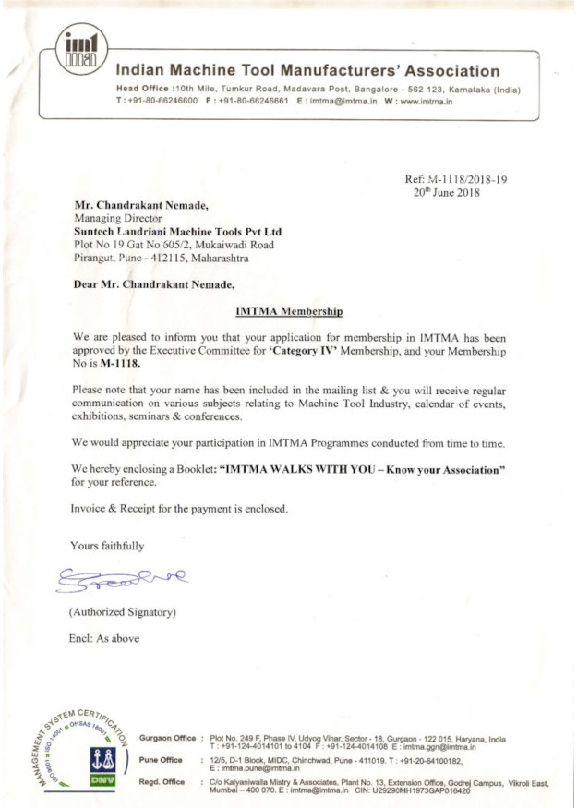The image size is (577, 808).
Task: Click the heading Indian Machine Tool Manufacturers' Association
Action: (x=307, y=71)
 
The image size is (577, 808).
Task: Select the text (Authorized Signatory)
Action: (x=122, y=612)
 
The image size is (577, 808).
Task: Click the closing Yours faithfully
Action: (x=107, y=546)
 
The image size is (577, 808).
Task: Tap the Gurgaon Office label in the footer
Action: (x=167, y=738)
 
